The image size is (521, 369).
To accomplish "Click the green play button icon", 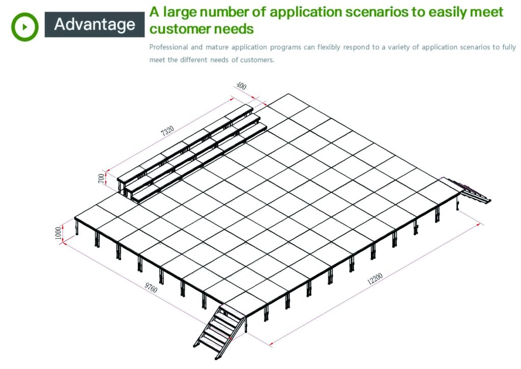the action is point(24,27).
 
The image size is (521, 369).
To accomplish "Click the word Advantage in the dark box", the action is point(95,24).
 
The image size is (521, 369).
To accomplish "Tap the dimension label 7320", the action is point(167,131).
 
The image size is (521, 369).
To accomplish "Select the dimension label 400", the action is point(241,86).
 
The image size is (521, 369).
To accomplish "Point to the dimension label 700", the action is point(101,178).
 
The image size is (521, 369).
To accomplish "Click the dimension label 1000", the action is point(58,233).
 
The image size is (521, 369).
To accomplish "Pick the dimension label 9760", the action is point(151,288).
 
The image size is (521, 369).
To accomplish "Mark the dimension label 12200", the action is point(375,278).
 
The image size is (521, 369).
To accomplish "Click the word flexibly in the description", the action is point(329,47).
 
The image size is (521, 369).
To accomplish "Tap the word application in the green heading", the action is point(305,13).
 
